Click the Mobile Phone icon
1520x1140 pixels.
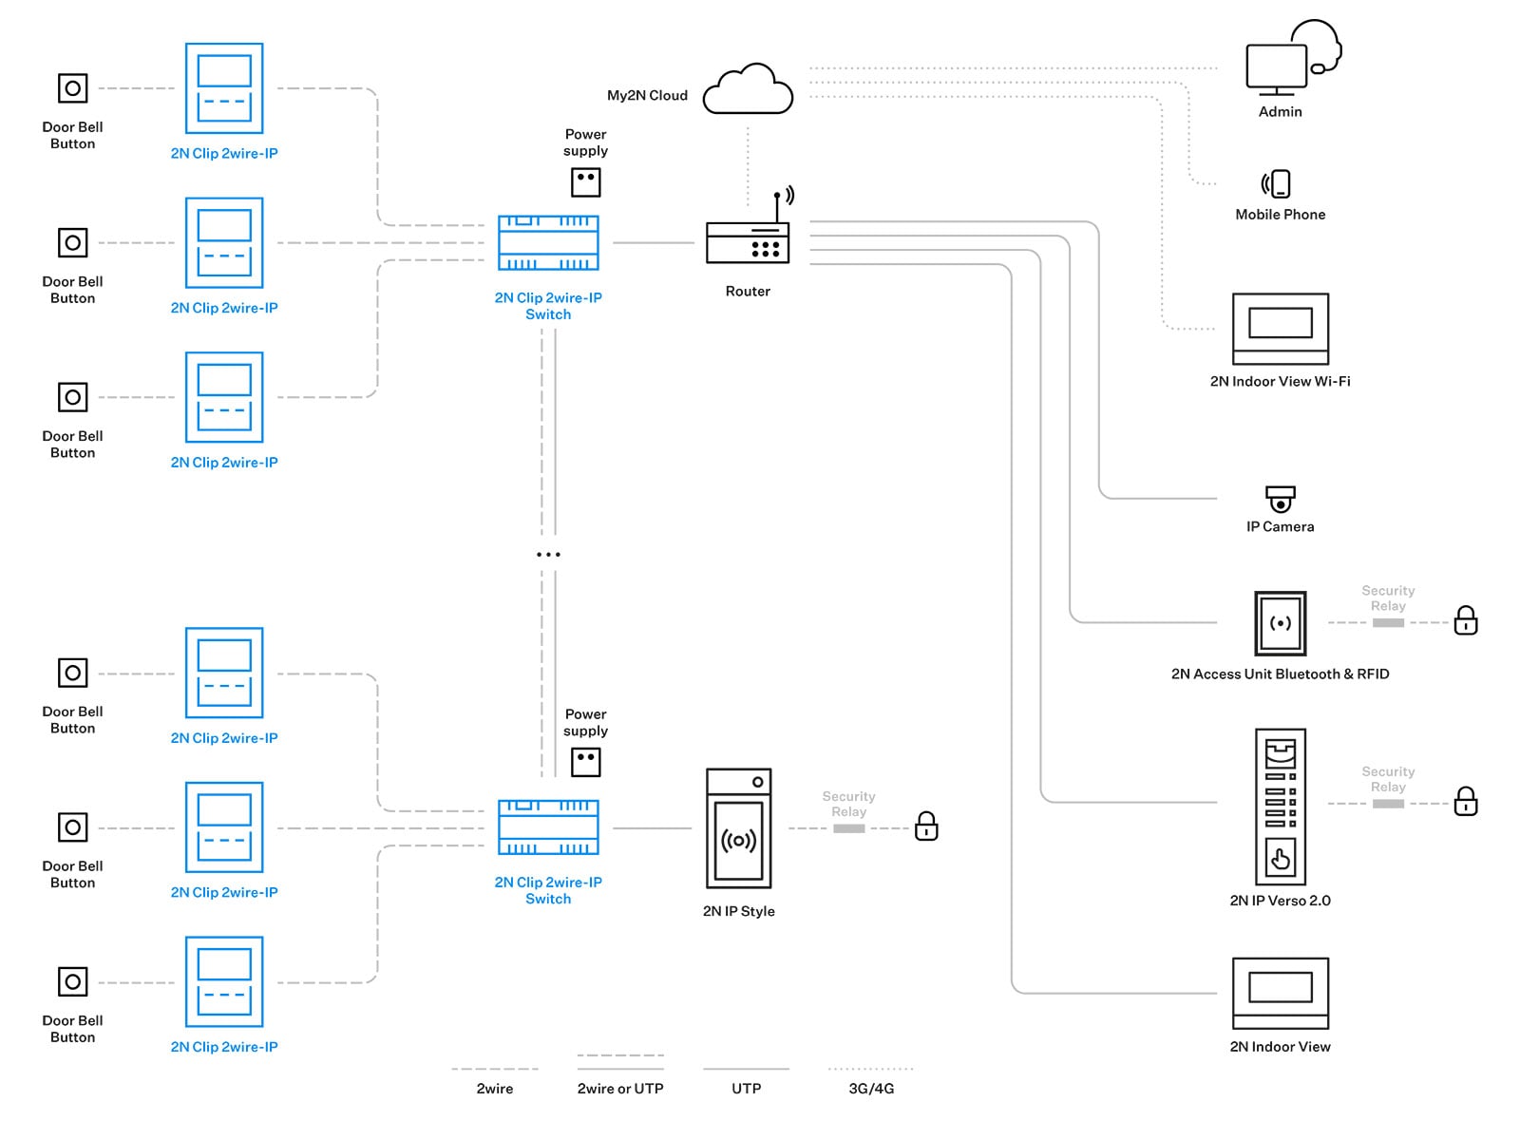pos(1276,183)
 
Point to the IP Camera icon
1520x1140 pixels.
pos(1280,499)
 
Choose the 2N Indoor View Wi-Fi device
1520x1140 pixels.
pos(1280,329)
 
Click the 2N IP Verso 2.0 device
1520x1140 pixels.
pos(1280,807)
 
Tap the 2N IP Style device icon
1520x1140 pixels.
pos(738,827)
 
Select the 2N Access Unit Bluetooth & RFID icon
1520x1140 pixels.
pos(1280,623)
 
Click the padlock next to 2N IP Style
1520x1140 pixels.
pos(926,826)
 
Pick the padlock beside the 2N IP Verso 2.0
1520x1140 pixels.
pos(1465,802)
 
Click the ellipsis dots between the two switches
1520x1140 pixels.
pos(548,555)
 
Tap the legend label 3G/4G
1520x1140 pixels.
pos(871,1089)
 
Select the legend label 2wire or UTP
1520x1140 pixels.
pos(619,1089)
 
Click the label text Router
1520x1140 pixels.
pos(748,292)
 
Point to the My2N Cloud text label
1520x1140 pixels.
pos(647,96)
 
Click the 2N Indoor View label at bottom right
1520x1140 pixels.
pos(1280,1047)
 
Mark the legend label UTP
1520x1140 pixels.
pos(746,1089)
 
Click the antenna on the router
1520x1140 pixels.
pos(778,205)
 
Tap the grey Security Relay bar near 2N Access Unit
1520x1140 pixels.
pos(1388,623)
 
